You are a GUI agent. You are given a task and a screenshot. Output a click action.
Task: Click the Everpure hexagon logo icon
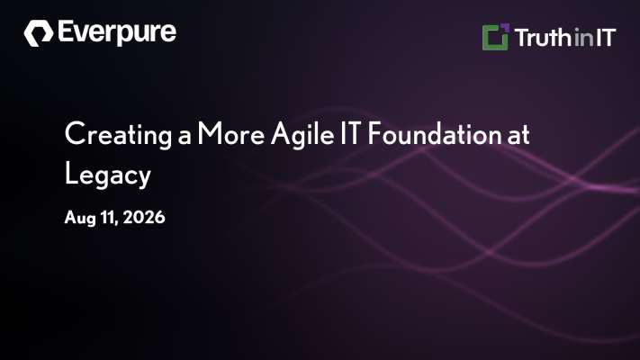point(39,33)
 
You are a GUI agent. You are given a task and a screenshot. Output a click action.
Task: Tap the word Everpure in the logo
point(117,32)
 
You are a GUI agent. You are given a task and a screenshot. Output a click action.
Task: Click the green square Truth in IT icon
point(495,38)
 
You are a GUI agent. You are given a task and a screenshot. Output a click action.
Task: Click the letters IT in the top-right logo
point(605,38)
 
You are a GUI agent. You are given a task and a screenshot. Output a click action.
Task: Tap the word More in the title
point(231,133)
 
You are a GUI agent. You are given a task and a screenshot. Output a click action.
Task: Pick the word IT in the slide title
point(351,133)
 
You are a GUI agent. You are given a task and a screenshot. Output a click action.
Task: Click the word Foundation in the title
point(434,133)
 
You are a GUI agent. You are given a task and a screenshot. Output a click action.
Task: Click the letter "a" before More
point(185,138)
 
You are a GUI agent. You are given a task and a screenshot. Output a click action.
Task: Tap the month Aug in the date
point(81,218)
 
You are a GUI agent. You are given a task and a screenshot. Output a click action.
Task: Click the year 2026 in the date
point(144,217)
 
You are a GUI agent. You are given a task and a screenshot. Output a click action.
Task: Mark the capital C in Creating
point(75,133)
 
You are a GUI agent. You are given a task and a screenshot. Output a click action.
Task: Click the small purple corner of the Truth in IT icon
point(505,27)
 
